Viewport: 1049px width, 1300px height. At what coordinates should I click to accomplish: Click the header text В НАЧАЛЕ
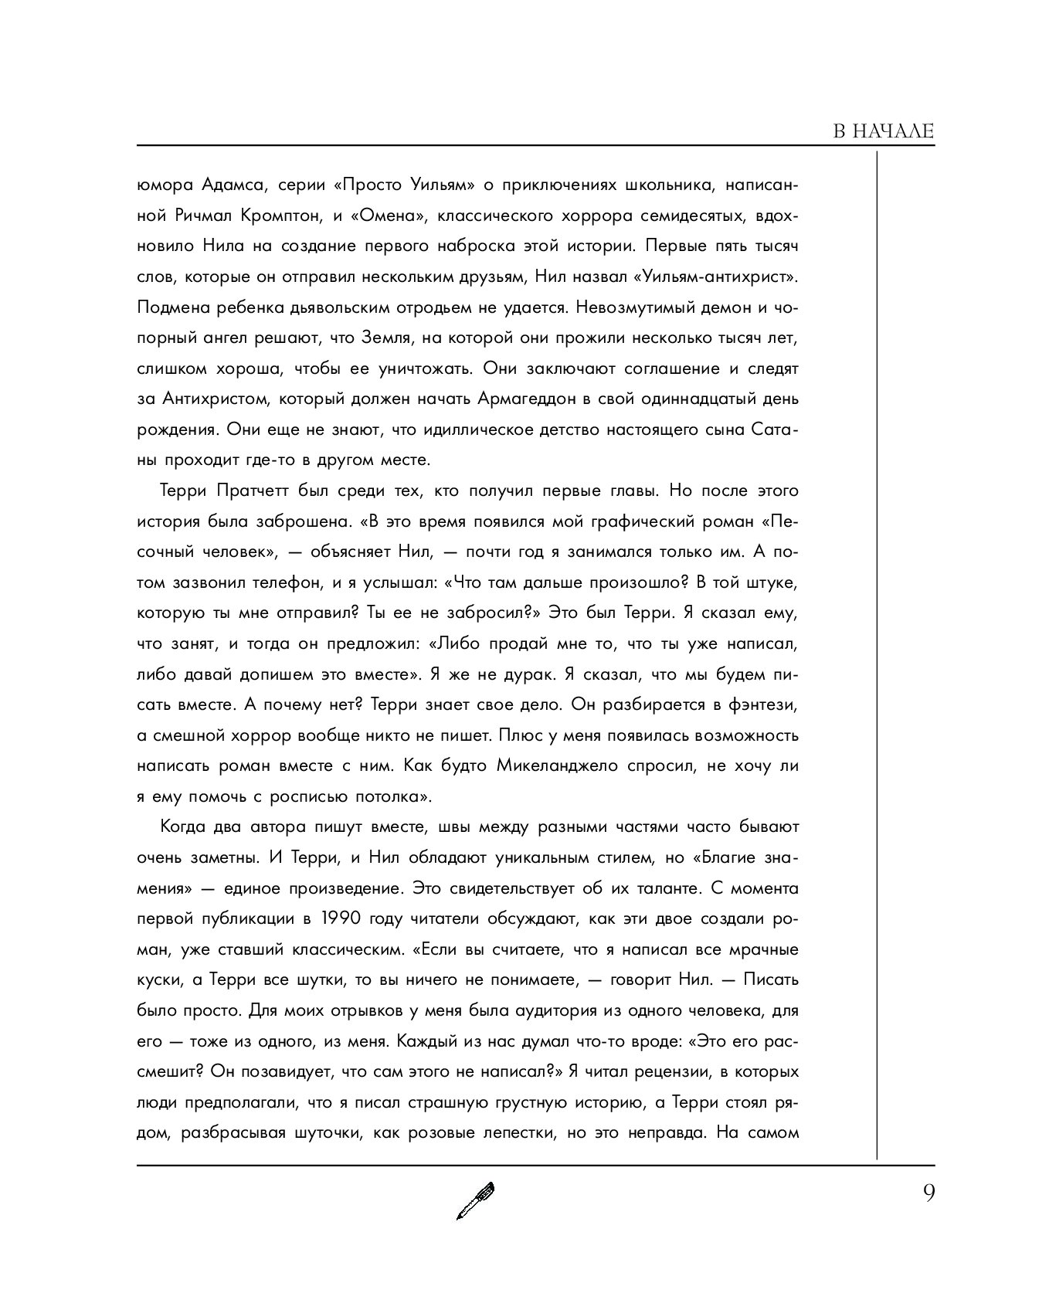884,131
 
